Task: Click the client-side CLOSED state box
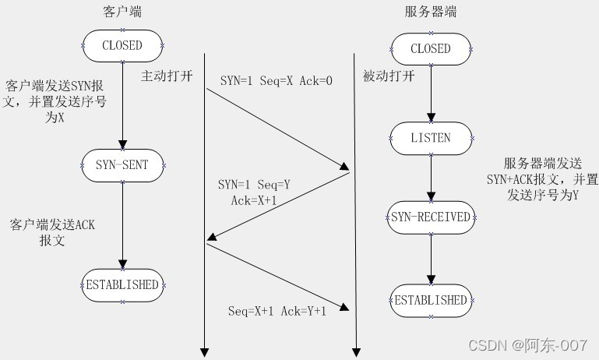point(122,45)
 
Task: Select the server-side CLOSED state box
point(431,48)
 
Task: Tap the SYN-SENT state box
point(122,164)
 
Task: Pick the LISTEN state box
point(431,138)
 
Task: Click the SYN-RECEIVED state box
point(431,217)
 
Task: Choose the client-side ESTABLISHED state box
point(122,284)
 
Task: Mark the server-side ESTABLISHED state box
point(431,300)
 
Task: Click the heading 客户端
point(122,12)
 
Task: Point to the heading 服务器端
point(431,12)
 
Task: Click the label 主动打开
point(165,76)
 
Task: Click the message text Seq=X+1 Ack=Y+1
point(277,311)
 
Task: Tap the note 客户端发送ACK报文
point(52,233)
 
